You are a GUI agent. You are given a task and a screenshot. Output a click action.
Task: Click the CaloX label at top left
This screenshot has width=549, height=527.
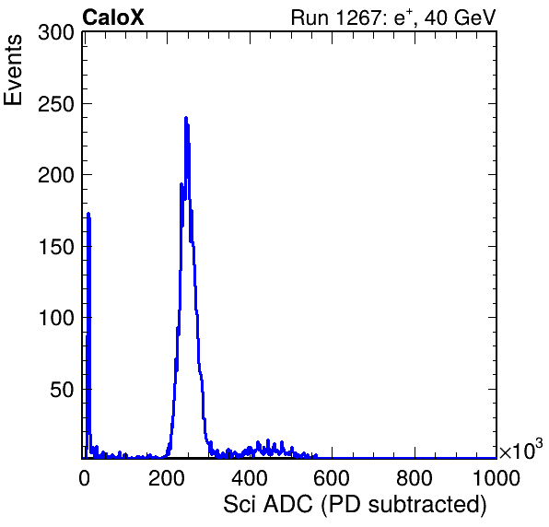113,18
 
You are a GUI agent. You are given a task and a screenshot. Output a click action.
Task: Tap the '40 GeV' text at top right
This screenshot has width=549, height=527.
461,18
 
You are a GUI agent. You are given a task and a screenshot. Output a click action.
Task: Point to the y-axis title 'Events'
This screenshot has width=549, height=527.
13,70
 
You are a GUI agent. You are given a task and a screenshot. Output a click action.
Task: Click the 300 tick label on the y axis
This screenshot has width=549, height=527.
56,33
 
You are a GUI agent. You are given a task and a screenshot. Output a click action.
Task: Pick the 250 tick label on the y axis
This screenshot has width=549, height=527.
56,104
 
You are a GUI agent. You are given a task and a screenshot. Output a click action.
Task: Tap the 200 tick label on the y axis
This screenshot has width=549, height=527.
56,175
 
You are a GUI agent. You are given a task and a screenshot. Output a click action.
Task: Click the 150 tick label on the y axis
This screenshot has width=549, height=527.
56,247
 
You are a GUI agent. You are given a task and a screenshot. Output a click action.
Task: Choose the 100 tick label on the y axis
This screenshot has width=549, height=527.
56,318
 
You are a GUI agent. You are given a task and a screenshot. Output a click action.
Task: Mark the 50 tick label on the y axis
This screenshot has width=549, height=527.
63,390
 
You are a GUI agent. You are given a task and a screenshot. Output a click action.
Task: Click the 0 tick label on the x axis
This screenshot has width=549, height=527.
84,478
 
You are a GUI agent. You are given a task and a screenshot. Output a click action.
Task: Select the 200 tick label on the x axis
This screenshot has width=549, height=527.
167,478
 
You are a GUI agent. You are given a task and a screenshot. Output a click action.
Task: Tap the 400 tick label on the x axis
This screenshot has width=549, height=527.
250,478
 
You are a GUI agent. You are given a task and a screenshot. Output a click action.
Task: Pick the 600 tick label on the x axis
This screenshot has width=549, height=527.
332,478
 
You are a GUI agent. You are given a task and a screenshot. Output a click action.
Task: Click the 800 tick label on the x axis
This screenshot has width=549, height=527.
415,478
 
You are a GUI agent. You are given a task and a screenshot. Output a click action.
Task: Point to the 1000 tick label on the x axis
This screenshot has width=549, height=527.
496,478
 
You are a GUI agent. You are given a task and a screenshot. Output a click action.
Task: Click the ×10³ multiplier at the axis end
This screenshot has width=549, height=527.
521,450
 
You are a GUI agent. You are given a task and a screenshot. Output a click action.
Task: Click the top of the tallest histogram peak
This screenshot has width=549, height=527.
186,118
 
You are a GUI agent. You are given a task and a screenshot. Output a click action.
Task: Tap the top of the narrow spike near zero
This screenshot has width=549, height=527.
88,214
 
